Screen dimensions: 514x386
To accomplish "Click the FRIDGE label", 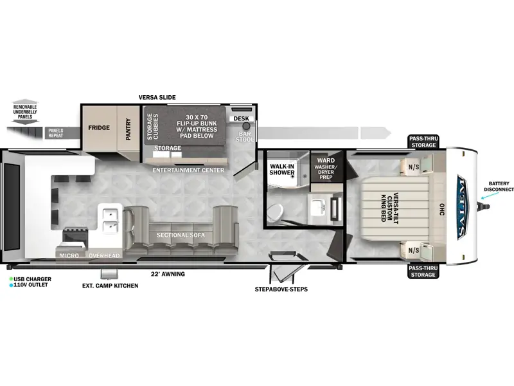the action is click(x=99, y=127).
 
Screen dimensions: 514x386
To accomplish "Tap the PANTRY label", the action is click(x=128, y=129).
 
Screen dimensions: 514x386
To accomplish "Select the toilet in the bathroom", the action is click(x=275, y=213).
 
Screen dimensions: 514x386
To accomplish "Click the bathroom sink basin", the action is click(x=317, y=207).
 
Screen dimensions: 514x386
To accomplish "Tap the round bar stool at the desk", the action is click(x=246, y=126).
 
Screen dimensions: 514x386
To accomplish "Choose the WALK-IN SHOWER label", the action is click(x=282, y=169).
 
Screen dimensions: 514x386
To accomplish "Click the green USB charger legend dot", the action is click(x=11, y=279).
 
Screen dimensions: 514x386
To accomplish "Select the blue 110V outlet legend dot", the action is click(x=11, y=285).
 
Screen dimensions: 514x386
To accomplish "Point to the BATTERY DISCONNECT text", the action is click(x=499, y=187).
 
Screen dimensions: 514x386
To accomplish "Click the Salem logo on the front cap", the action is click(x=462, y=207).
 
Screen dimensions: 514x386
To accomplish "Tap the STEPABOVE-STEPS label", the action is click(x=281, y=289).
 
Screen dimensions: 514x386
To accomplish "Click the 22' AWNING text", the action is click(x=168, y=274).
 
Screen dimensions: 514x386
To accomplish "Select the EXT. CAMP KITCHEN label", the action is click(x=110, y=286).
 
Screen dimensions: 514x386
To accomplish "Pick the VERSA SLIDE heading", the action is click(x=157, y=98).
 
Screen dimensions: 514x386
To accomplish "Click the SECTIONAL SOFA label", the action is click(x=181, y=235).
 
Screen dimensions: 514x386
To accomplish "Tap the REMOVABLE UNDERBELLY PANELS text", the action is click(x=25, y=111).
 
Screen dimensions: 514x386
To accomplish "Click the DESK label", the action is click(x=242, y=118).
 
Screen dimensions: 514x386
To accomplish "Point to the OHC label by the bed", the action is click(x=442, y=210).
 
